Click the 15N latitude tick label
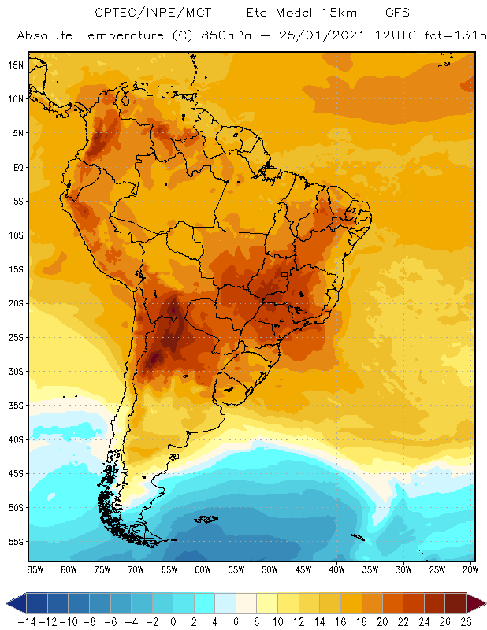15,65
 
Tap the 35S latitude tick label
15,406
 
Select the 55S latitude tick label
15,542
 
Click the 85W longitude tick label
35,569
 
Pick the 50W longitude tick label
270,569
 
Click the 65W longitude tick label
169,569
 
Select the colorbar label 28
467,621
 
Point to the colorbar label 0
173,621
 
